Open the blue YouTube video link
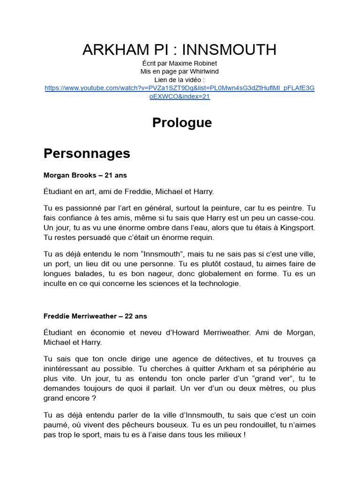[180, 92]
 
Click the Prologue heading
[182, 123]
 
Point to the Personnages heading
[87, 154]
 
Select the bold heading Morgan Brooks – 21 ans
[85, 175]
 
